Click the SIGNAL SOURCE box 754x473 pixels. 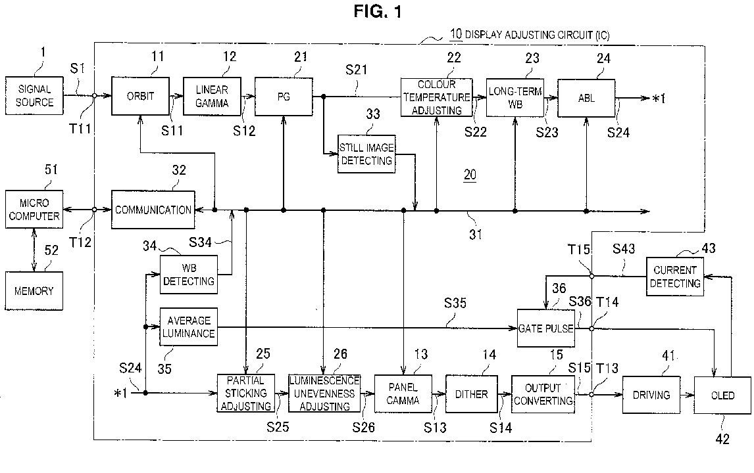tap(34, 95)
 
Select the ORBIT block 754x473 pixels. tap(140, 96)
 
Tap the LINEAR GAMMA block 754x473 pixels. tap(212, 97)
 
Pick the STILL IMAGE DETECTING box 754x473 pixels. tap(366, 154)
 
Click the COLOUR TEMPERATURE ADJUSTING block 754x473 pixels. tap(437, 97)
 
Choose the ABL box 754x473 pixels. tap(586, 98)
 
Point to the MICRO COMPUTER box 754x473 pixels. tap(34, 210)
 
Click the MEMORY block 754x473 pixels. tap(34, 291)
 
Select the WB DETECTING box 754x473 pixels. tap(188, 275)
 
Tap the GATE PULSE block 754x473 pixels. tap(546, 328)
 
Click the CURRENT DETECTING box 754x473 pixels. tap(674, 277)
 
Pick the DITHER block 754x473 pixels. tap(471, 394)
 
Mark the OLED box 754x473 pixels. tap(722, 395)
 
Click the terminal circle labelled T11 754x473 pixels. tap(95, 95)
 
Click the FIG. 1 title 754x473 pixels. tap(378, 11)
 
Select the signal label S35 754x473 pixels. tap(455, 303)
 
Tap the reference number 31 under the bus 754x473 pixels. tap(476, 235)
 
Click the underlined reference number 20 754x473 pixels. tap(470, 175)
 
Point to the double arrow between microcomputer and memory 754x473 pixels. tap(34, 250)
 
